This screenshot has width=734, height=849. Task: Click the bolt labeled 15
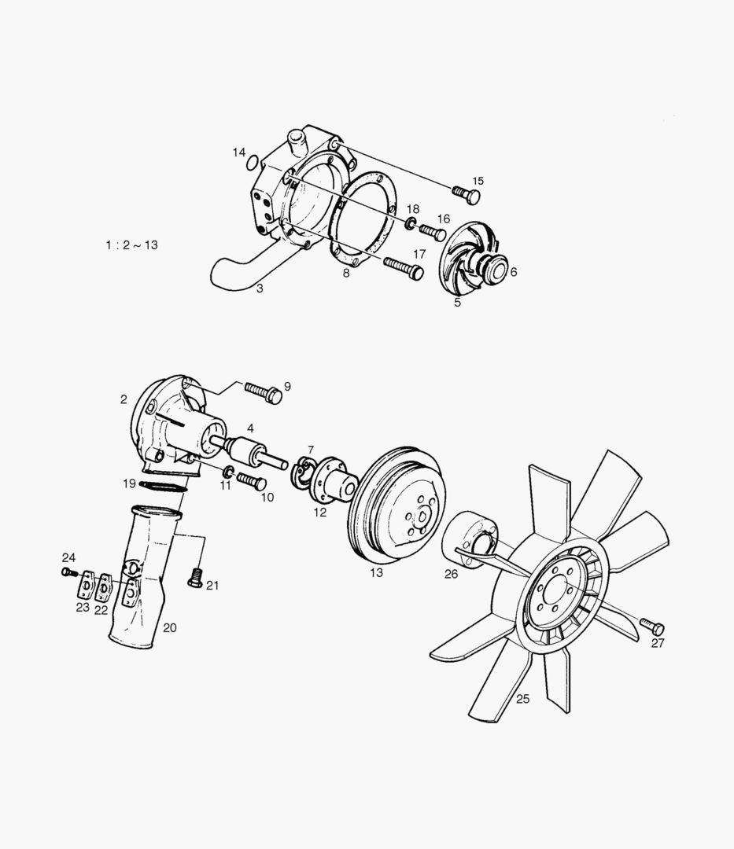467,194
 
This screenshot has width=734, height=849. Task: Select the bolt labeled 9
264,391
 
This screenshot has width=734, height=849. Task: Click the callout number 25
522,697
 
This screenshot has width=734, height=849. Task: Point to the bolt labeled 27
652,627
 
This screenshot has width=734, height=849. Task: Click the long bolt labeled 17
404,268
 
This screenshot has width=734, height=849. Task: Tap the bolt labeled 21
194,579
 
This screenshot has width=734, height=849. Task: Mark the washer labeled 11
227,472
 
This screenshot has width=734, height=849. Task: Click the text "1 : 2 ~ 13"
131,244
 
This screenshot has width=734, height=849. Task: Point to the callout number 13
376,572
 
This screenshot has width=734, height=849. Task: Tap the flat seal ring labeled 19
164,487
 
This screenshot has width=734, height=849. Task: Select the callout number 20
170,627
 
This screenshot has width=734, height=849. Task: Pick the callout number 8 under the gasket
345,273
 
